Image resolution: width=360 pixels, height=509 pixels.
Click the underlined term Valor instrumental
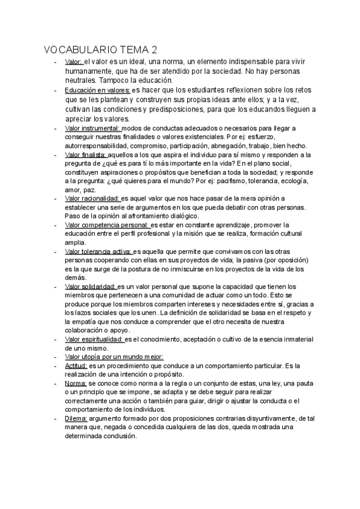92,128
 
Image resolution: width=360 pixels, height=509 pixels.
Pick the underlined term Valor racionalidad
92,199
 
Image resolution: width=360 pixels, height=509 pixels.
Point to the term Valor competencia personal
107,225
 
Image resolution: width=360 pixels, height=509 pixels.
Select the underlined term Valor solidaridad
90,286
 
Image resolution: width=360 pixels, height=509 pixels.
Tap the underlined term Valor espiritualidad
94,340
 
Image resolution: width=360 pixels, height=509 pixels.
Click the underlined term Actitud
76,366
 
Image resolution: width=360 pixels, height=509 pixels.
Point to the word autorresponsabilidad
100,146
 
